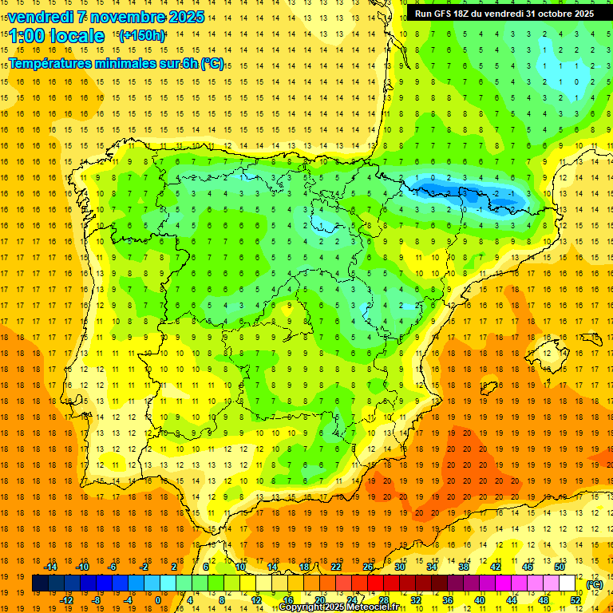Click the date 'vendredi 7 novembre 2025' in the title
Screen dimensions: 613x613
click(x=105, y=17)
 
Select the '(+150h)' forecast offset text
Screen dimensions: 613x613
click(x=143, y=36)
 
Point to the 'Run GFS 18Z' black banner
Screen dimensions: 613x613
click(x=504, y=13)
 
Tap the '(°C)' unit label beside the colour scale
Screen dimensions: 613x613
click(x=595, y=584)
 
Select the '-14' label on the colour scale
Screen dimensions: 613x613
click(x=50, y=567)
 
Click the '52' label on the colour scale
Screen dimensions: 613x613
click(x=575, y=600)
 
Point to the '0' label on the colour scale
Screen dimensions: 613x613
click(x=159, y=600)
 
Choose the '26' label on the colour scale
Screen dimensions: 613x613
click(x=368, y=567)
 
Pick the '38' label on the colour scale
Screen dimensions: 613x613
click(x=464, y=567)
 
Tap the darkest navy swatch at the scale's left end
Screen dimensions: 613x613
click(x=40, y=583)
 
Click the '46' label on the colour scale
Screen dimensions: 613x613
click(x=528, y=567)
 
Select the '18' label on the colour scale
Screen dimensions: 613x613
click(x=304, y=567)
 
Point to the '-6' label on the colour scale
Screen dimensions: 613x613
click(x=113, y=567)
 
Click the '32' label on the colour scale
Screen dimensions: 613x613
click(x=416, y=600)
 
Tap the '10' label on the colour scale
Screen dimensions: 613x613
click(x=240, y=567)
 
